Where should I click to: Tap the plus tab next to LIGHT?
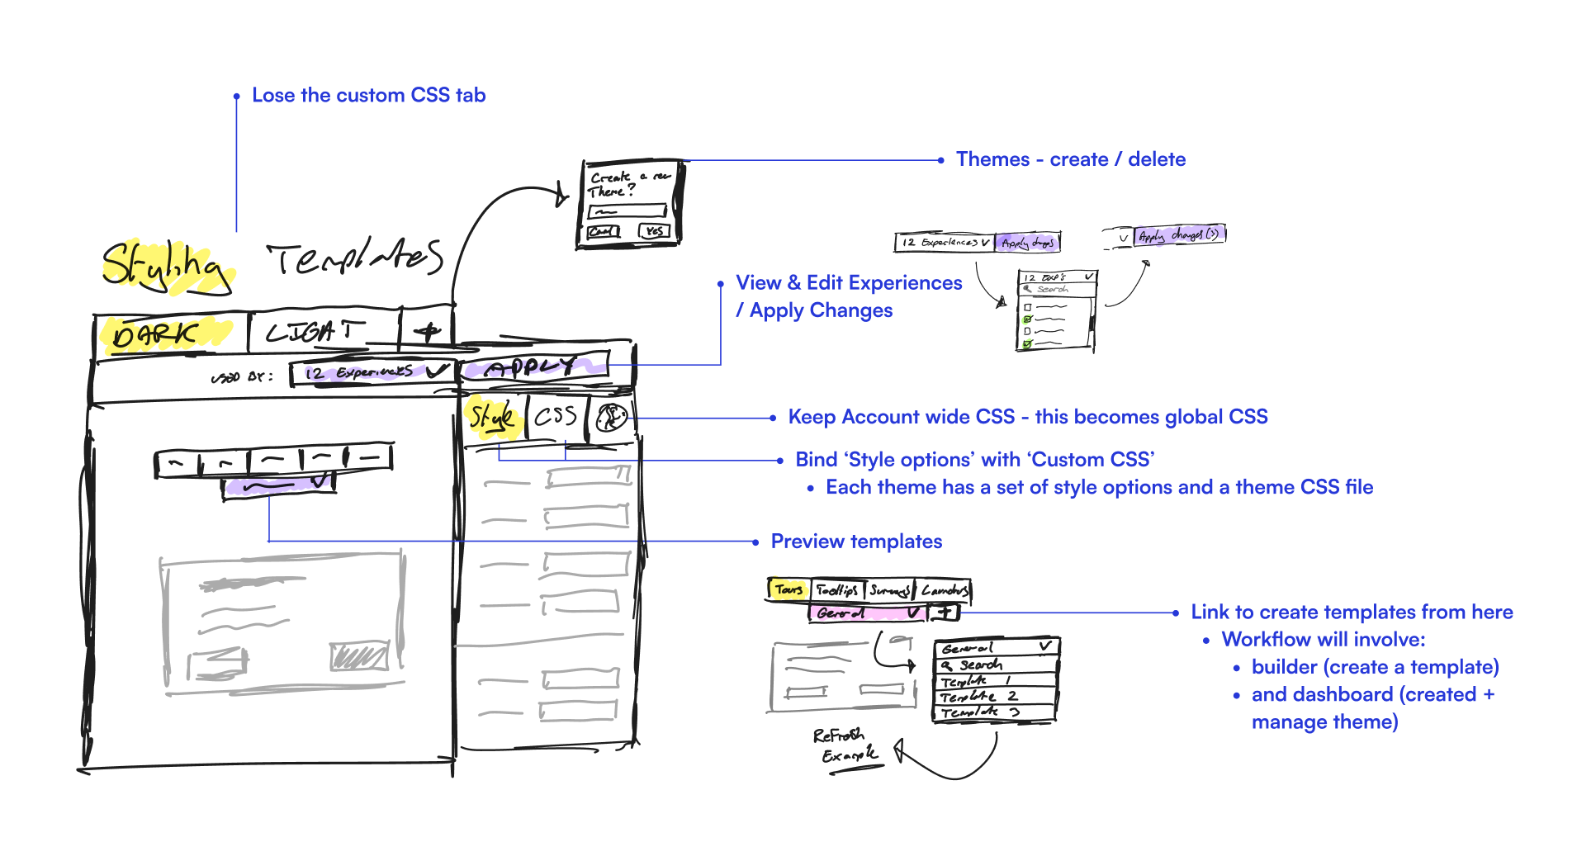(427, 332)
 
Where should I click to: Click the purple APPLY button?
(533, 367)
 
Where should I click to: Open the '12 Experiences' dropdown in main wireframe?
(372, 373)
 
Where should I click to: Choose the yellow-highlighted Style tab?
(493, 419)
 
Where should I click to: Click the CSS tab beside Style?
(556, 417)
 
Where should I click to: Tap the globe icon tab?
(611, 419)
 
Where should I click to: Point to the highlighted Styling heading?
(165, 266)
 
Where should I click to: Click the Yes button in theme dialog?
(655, 232)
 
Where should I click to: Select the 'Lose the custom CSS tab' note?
(368, 96)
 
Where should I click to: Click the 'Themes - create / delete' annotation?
(1070, 160)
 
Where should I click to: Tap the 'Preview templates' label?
(856, 542)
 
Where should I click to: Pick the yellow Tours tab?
(788, 589)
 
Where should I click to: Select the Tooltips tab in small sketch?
(837, 590)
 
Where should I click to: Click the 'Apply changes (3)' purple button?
(1178, 236)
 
